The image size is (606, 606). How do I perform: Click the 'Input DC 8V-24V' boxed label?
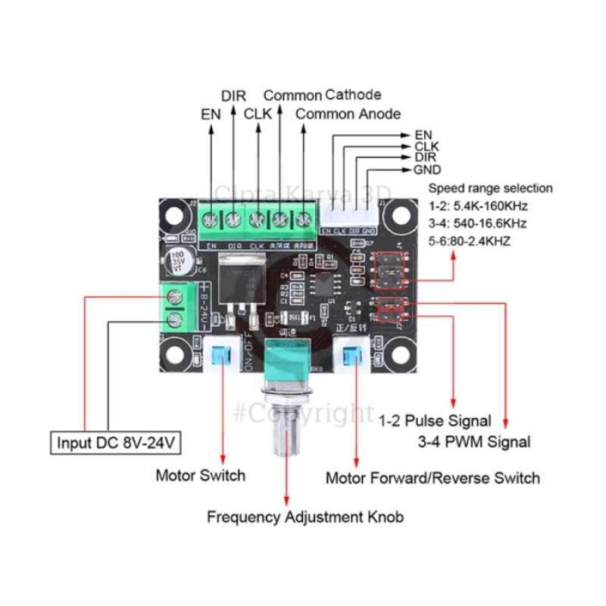117,442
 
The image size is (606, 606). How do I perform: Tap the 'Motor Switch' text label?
201,476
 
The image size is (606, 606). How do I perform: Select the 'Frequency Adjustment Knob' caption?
305,517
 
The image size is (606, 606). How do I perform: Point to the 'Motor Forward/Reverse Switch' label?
433,478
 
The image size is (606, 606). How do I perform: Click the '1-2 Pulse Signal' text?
435,420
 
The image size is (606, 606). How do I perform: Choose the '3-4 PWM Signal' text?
474,442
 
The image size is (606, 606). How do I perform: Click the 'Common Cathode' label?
322,95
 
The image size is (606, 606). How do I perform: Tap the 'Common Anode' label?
348,114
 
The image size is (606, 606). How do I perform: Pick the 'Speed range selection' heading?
491,188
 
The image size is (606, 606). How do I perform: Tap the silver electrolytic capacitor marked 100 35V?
180,258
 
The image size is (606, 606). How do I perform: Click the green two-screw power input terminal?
176,307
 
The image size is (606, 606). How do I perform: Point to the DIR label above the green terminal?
233,96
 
